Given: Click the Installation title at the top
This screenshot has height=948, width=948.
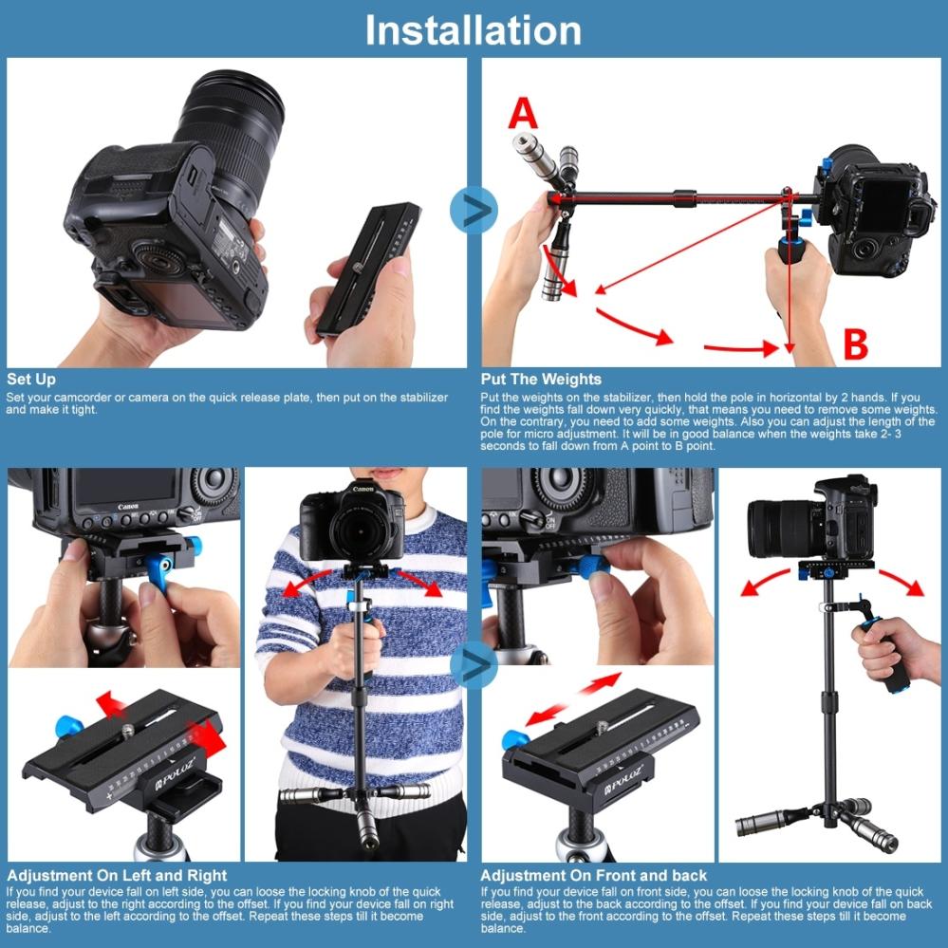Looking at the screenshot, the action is point(473,30).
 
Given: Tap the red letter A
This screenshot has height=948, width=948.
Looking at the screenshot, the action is point(523,113).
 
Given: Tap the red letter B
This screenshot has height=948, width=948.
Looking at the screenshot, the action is point(856,344).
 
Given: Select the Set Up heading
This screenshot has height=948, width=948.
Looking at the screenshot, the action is point(31,379).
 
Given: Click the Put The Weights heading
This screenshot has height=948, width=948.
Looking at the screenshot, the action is point(541,379).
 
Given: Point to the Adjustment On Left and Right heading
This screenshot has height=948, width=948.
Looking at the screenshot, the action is point(117,876).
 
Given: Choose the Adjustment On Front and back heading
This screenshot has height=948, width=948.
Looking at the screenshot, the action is point(594,876).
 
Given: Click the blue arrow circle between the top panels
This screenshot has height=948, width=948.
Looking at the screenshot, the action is point(474,210).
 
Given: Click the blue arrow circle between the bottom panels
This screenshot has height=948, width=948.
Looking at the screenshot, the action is point(474,665).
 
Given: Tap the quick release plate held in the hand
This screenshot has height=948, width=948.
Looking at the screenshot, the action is point(369,270).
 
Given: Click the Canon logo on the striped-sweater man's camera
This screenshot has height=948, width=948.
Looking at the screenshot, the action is point(362,488).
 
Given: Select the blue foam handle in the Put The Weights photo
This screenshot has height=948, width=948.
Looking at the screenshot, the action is point(793,249).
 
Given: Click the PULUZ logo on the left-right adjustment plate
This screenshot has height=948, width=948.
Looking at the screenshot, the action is point(176,774).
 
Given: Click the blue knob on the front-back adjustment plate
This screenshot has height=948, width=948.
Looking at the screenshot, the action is point(515,739).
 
